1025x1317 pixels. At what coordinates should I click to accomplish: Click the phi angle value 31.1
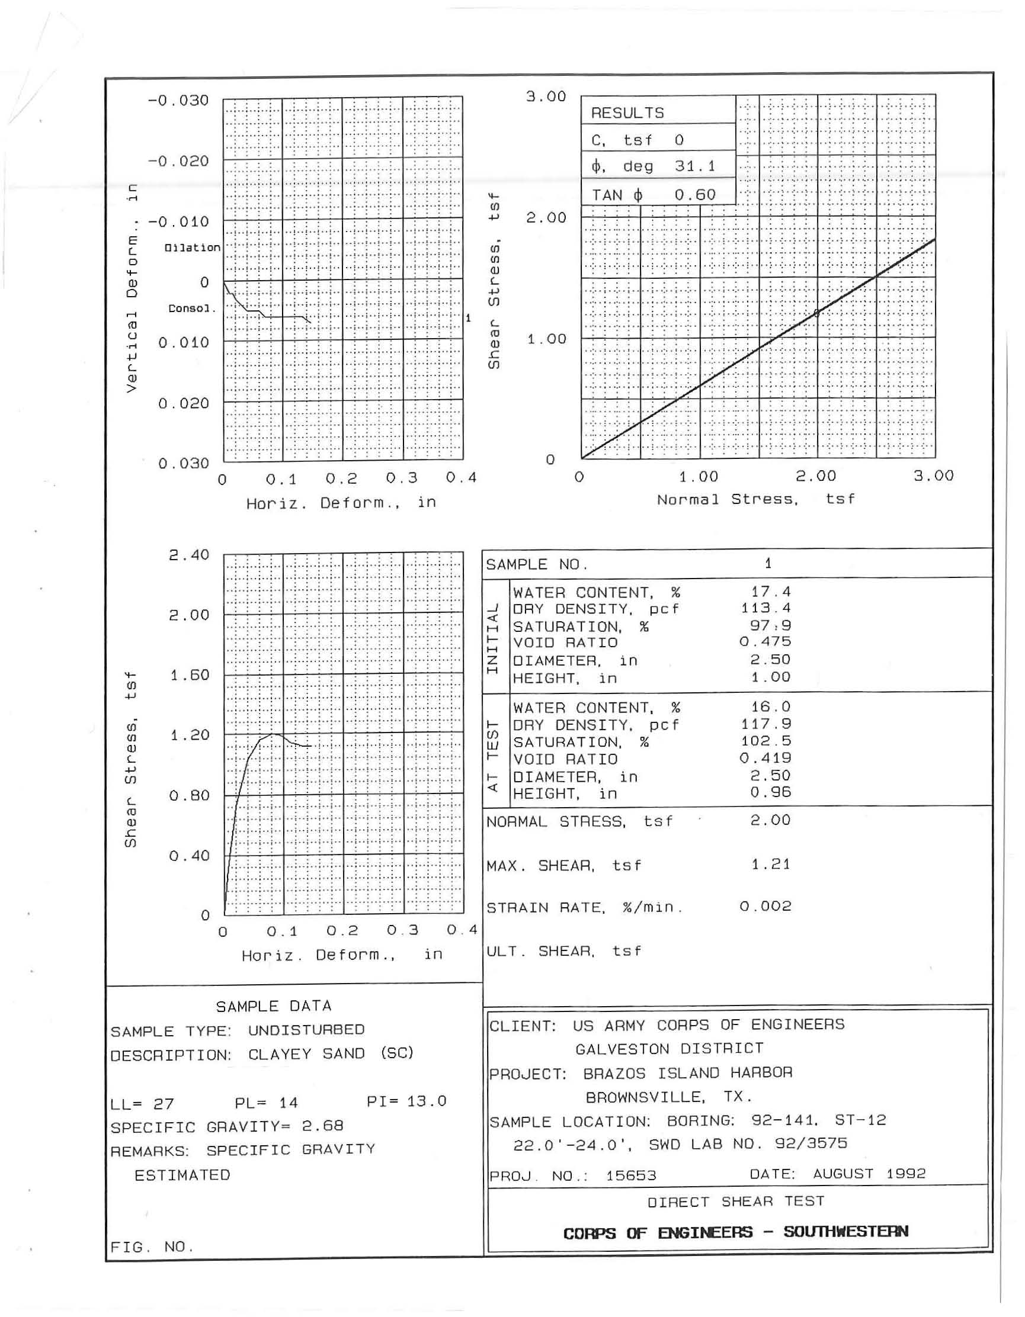[695, 166]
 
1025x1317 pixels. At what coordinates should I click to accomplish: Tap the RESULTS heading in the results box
[627, 113]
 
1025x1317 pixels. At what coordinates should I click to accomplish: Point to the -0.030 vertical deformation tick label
[178, 100]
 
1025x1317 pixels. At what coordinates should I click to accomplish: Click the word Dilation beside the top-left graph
[193, 248]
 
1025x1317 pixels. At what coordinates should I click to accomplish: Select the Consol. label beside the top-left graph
[192, 309]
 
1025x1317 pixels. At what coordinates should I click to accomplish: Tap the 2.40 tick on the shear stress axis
[189, 555]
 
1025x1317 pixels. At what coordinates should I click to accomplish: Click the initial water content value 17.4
[770, 592]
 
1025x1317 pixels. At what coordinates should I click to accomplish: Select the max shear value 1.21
[770, 864]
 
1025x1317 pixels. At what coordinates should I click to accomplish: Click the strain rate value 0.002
[765, 907]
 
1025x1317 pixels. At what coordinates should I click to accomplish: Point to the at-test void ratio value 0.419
[765, 758]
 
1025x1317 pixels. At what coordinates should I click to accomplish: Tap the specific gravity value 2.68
[323, 1126]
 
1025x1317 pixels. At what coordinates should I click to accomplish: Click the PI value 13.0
[427, 1101]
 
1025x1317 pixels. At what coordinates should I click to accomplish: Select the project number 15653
[631, 1175]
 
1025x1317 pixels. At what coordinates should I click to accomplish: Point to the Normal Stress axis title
[755, 499]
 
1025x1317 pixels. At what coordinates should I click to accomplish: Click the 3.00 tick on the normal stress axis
[933, 476]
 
